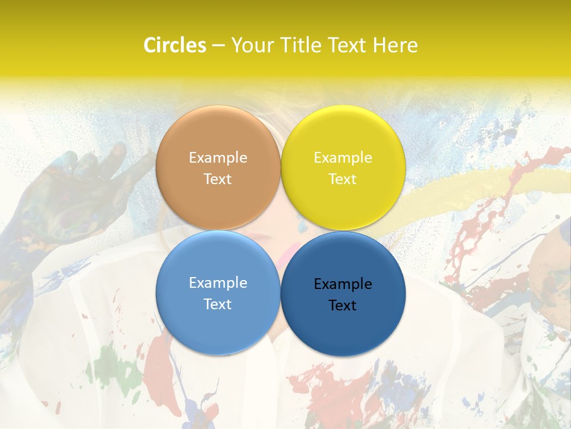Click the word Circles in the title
pyautogui.click(x=175, y=45)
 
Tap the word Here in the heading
pyautogui.click(x=395, y=45)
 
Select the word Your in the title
pyautogui.click(x=252, y=45)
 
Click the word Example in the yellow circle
pyautogui.click(x=343, y=158)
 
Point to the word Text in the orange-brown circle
pyautogui.click(x=218, y=179)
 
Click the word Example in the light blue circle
pyautogui.click(x=218, y=283)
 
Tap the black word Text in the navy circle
pyautogui.click(x=343, y=305)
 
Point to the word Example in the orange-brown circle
pyautogui.click(x=218, y=158)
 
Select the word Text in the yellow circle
pyautogui.click(x=343, y=179)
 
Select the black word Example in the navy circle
pyautogui.click(x=343, y=284)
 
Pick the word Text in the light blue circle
pyautogui.click(x=218, y=304)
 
